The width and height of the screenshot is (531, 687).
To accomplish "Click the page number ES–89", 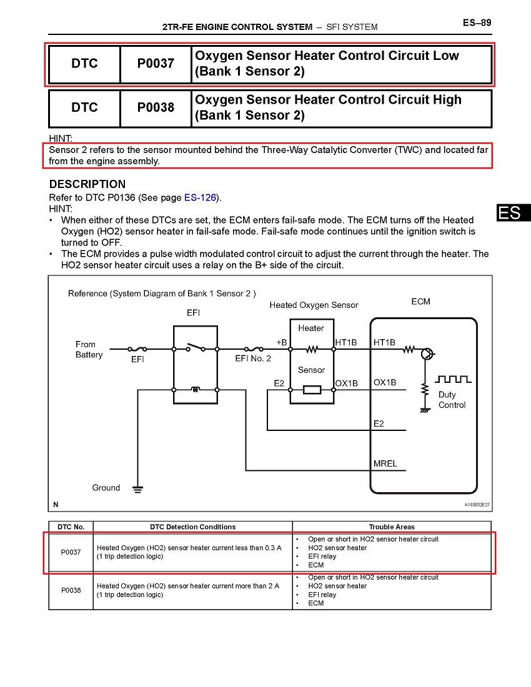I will [x=477, y=23].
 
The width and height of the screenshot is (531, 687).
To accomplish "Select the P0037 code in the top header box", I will [x=156, y=63].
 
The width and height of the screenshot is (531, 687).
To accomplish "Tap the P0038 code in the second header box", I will [x=156, y=107].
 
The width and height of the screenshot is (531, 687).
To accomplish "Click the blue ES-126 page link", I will [x=200, y=197].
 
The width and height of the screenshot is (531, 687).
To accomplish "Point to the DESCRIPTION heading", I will [x=87, y=184].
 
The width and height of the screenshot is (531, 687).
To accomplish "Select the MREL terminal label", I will [x=385, y=464].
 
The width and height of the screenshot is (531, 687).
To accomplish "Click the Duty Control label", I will [x=451, y=400].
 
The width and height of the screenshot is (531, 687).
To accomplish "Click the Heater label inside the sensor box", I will [x=310, y=328].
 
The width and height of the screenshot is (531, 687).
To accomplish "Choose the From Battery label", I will [x=89, y=349].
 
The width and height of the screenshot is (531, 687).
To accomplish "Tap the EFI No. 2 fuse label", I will [x=253, y=358].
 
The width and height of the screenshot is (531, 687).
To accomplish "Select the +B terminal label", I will [x=281, y=342].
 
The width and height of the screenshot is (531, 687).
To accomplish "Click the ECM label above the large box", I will [x=420, y=302].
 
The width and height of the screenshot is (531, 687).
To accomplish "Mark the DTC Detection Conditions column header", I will [x=192, y=527].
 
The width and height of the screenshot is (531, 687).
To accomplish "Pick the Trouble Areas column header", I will [x=391, y=527].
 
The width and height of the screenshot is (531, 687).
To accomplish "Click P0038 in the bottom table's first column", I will [x=71, y=590].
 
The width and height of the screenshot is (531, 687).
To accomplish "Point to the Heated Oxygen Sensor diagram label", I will [x=314, y=305].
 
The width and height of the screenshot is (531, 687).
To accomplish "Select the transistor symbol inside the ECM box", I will [x=427, y=354].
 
